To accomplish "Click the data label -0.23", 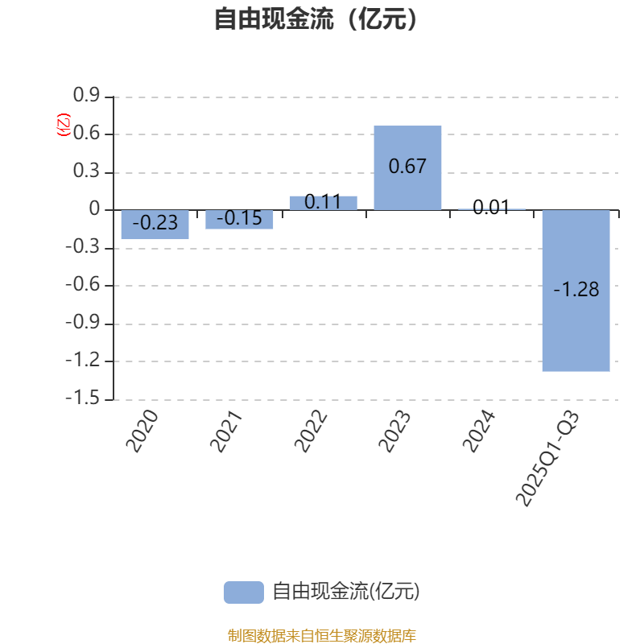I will [155, 223].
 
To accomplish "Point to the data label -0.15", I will [240, 218].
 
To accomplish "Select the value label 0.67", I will [407, 167].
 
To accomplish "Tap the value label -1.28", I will [576, 290].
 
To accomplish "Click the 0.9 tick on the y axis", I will [86, 97].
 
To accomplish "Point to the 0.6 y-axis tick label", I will [86, 134].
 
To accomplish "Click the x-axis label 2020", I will [142, 431].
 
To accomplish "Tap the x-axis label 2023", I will [394, 431].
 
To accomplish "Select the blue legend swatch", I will [243, 592].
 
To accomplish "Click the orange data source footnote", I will [321, 636].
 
